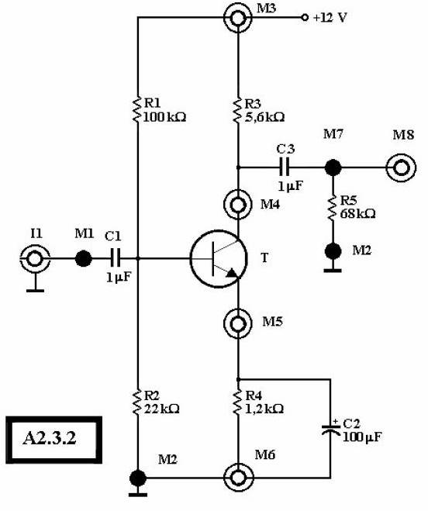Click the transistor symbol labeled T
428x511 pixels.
[219, 259]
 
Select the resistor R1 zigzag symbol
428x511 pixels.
[137, 109]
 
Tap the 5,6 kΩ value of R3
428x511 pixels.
[264, 117]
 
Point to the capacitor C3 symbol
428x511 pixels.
[285, 167]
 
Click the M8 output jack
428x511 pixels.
[401, 168]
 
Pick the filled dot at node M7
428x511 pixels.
[333, 167]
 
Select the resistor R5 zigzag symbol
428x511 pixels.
[333, 208]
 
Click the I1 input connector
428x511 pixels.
[35, 259]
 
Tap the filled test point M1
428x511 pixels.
[84, 259]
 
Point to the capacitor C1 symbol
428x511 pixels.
[115, 259]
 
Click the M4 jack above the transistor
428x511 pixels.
[238, 205]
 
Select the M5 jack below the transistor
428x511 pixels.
[238, 323]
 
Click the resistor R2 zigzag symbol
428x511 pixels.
[137, 402]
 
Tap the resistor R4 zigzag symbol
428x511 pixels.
[238, 402]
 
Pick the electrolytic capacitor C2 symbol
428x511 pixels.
[331, 429]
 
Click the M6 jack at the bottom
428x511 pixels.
[238, 478]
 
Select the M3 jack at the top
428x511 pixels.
[238, 18]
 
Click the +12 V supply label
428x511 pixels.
[330, 18]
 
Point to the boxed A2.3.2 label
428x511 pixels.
[53, 440]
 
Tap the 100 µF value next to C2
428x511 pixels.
[362, 437]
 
